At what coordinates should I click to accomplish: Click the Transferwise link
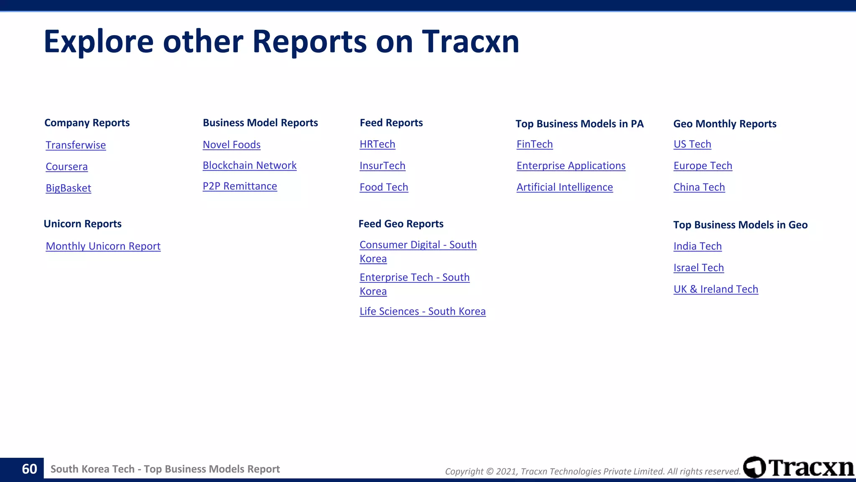(76, 145)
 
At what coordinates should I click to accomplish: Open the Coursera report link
(66, 167)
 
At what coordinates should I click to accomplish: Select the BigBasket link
(68, 188)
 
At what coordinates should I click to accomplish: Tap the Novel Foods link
(232, 145)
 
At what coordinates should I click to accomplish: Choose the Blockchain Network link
(250, 165)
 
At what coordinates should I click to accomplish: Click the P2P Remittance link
(239, 186)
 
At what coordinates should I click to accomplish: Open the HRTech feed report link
(377, 144)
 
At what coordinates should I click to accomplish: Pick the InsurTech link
(382, 166)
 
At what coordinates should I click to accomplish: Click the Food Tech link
(384, 187)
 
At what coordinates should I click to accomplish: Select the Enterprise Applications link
(571, 166)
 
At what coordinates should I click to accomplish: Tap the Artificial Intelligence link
(564, 187)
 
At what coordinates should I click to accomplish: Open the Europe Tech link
(703, 166)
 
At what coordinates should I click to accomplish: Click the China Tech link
(699, 187)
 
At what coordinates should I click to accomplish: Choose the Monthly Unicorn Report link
(103, 246)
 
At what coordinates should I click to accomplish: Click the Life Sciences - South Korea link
(422, 311)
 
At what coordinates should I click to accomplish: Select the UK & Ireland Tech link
(716, 289)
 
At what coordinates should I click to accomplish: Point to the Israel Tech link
(698, 268)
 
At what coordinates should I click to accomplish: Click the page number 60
(29, 469)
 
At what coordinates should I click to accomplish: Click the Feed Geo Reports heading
(401, 224)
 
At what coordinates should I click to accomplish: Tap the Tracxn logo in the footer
(799, 467)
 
